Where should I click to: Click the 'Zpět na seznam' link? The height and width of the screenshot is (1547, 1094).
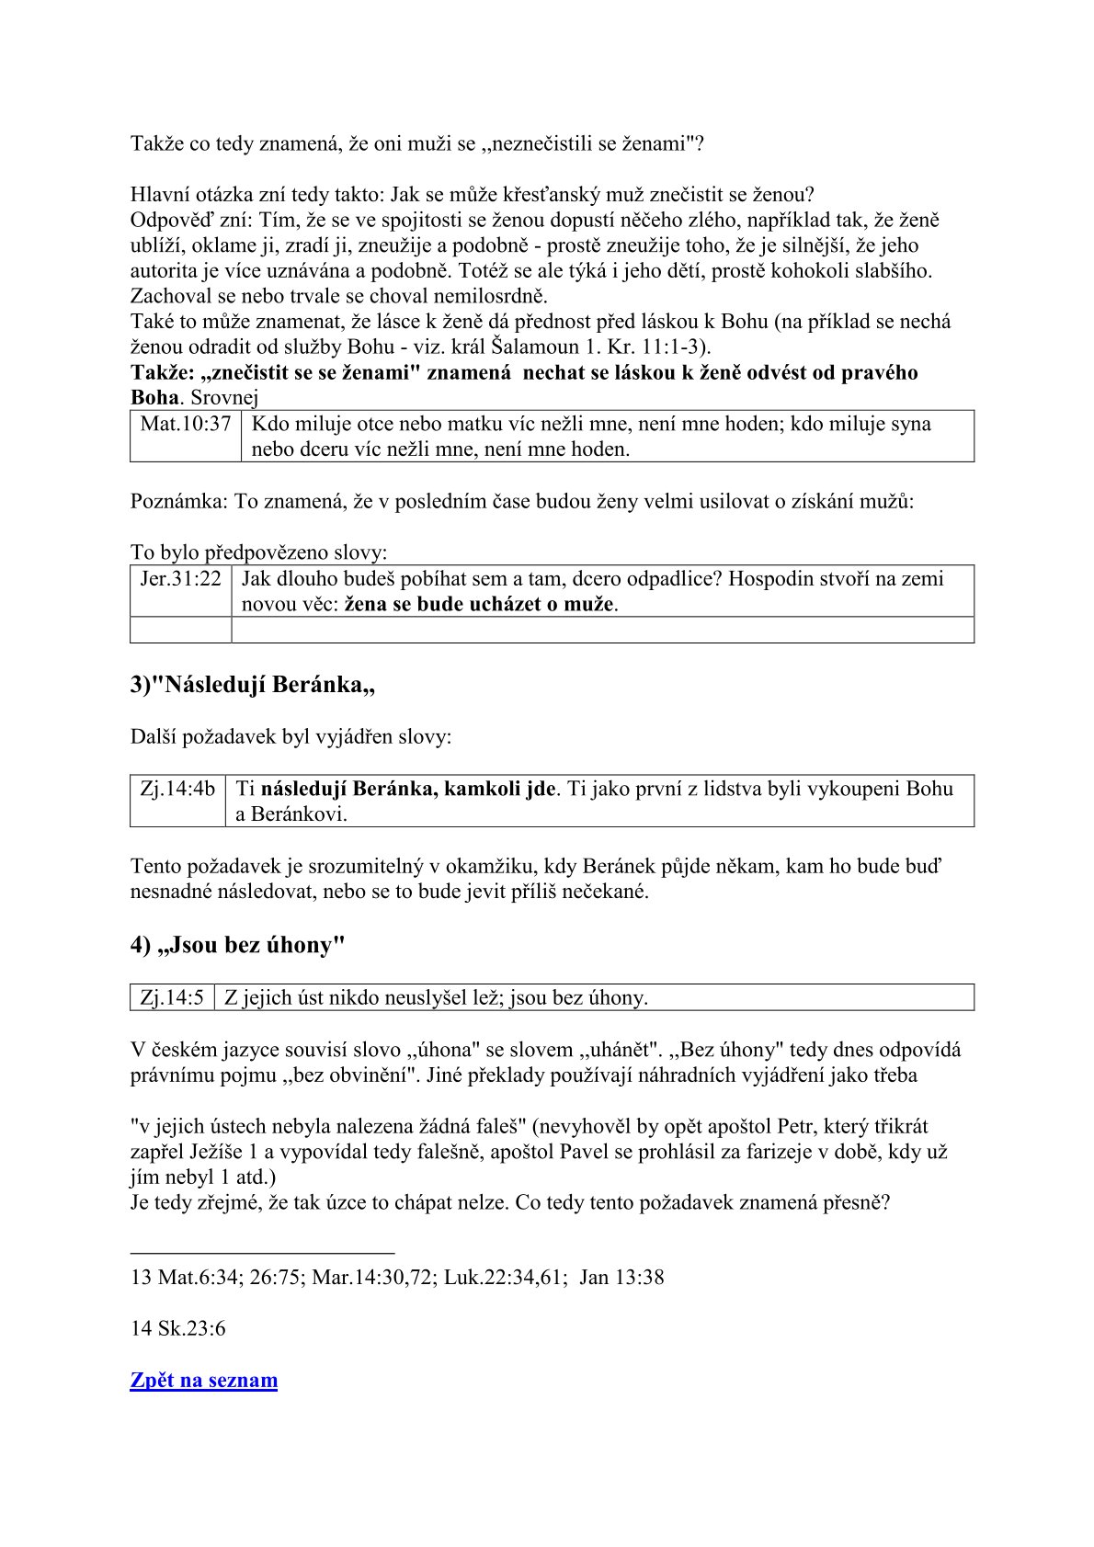(x=203, y=1380)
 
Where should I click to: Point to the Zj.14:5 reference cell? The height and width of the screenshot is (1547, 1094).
(x=172, y=997)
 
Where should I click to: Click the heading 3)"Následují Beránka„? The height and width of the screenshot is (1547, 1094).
(x=252, y=685)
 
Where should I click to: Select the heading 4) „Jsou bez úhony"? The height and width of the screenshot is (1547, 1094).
(x=237, y=946)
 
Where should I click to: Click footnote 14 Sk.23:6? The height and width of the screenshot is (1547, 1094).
(x=177, y=1328)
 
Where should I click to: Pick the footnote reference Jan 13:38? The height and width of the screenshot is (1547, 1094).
(x=621, y=1277)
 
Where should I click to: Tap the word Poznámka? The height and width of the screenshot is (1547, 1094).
(x=177, y=502)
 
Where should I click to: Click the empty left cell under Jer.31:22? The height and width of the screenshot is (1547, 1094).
(x=180, y=630)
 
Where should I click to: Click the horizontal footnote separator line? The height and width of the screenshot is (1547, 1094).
(x=262, y=1252)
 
